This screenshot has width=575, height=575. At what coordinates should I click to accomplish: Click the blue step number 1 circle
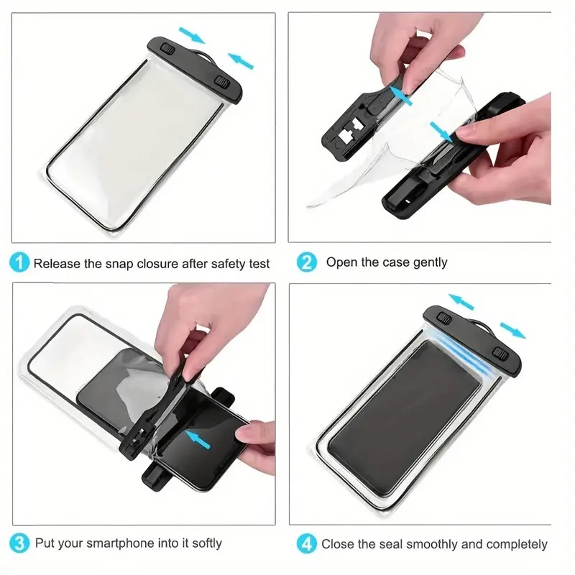[20, 263]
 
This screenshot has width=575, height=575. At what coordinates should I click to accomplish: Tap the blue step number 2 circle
[307, 262]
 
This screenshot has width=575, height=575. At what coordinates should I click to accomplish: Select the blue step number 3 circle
[20, 543]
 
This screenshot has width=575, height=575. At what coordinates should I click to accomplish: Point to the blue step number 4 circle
[307, 544]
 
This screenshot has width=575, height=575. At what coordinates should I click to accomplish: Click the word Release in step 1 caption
[57, 264]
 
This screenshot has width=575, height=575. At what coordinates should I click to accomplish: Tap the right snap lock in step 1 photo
[223, 81]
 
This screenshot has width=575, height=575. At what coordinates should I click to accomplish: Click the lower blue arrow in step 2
[443, 130]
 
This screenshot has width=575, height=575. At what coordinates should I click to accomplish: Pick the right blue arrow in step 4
[513, 329]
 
